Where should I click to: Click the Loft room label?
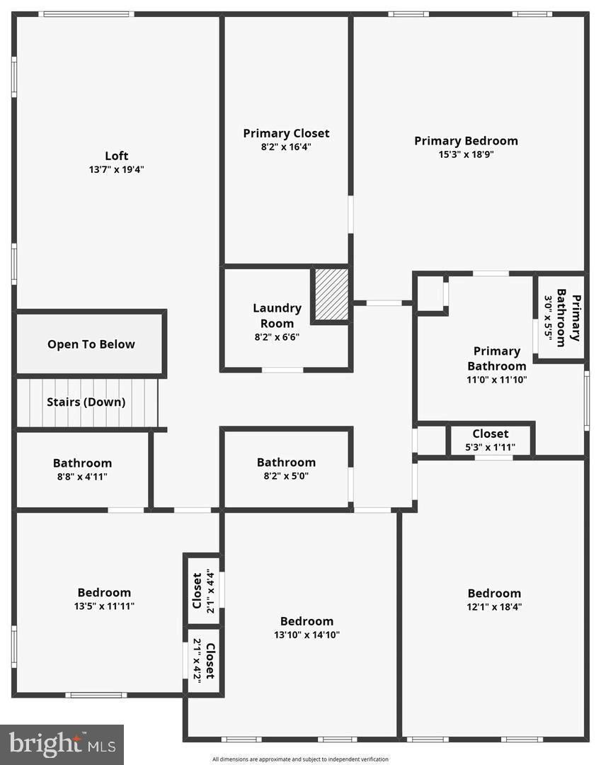pos(117,156)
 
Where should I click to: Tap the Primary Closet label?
pos(286,133)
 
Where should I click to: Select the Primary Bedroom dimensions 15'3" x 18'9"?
pos(466,154)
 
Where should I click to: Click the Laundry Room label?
pos(277,315)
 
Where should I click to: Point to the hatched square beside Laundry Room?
pos(331,294)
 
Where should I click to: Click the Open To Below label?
pos(91,344)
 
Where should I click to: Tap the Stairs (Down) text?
pos(86,402)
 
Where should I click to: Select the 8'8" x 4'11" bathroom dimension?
pos(82,477)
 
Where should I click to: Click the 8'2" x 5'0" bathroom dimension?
pos(286,476)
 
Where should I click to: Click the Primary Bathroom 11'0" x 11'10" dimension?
pos(496,379)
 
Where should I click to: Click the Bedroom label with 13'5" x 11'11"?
pos(104,593)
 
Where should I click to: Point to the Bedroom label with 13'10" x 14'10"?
pos(307,621)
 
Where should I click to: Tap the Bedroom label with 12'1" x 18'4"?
pos(494,594)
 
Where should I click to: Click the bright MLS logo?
pos(62,744)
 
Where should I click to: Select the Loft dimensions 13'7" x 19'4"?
pos(117,169)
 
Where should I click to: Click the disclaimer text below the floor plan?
pos(300,759)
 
